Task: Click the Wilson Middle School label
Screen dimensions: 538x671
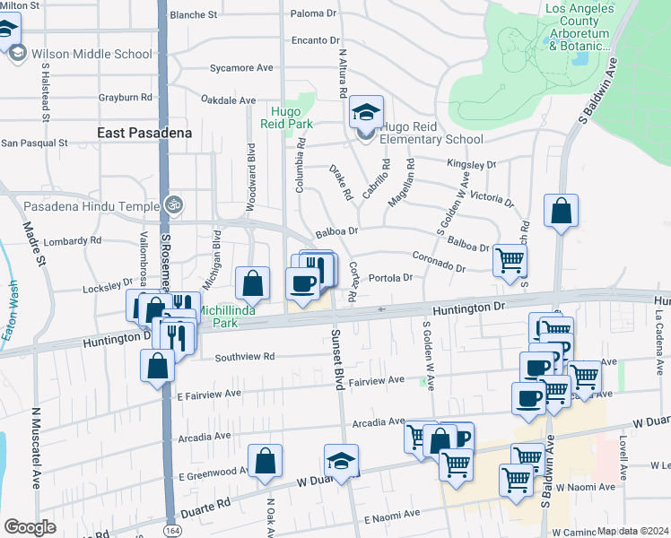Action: pos(91,54)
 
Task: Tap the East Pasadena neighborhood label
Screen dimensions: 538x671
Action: pos(144,133)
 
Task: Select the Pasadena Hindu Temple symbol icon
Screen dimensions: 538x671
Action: pos(175,204)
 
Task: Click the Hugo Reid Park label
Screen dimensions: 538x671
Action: pos(286,118)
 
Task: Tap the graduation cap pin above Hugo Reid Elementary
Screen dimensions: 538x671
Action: pos(365,112)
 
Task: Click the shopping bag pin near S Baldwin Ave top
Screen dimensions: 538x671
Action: pos(561,212)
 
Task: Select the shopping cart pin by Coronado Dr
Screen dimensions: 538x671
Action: pos(510,260)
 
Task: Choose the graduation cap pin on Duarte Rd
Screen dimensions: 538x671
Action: pos(341,461)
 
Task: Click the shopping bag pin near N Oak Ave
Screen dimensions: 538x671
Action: pos(265,461)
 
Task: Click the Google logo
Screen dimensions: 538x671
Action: pos(30,527)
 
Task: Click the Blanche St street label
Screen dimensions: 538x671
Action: pos(193,15)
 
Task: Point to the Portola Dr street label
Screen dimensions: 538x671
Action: pos(391,277)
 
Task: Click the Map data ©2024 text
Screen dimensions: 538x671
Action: pos(632,531)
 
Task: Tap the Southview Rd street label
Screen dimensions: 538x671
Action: pos(245,356)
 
